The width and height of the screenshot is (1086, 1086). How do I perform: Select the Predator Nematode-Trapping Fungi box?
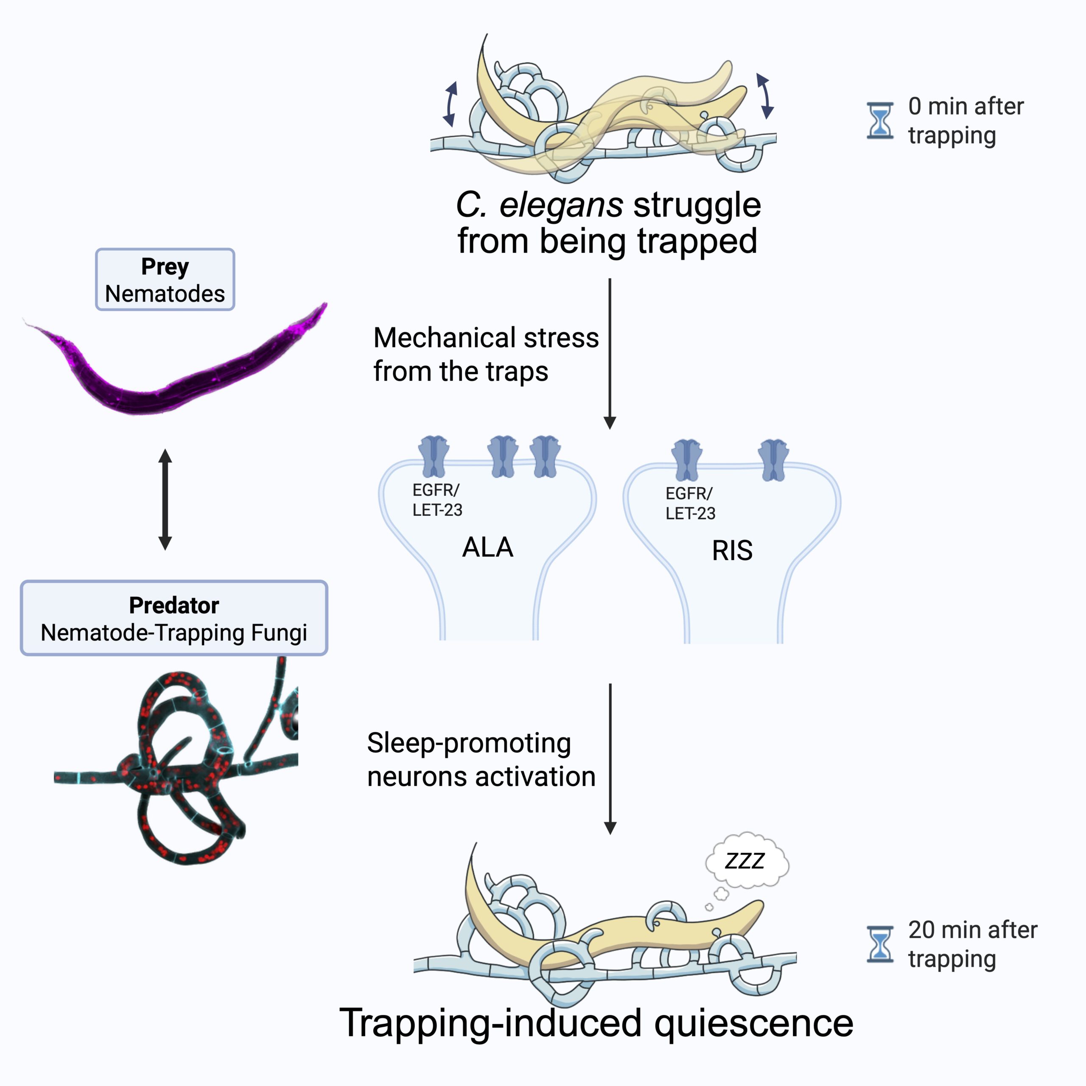pos(174,618)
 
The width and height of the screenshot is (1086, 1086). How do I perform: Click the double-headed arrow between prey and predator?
pos(165,499)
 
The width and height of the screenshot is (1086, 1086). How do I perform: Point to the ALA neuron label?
pos(487,547)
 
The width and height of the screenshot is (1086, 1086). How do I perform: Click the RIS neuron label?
pos(732,550)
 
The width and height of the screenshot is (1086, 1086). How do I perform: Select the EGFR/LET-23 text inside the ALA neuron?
pos(437,500)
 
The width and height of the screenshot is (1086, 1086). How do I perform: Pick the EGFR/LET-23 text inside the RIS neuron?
pos(690,503)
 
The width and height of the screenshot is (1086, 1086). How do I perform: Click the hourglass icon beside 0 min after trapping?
pos(880,120)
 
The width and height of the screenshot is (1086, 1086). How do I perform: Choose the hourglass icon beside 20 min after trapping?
pos(880,944)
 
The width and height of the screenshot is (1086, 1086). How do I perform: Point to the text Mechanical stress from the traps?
pos(486,354)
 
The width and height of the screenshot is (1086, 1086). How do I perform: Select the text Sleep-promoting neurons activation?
pos(481,759)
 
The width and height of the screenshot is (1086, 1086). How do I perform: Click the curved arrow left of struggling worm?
pos(450,104)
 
